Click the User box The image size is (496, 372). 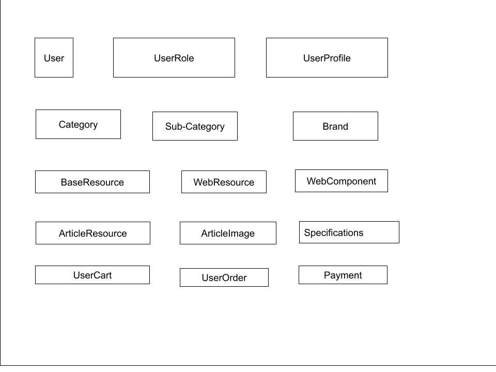point(54,58)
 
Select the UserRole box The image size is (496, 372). point(174,58)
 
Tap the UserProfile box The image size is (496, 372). point(327,58)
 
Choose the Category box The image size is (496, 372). point(78,125)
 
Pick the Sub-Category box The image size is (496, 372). point(195,126)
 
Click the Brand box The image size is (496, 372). point(335,126)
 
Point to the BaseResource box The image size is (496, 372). point(92,182)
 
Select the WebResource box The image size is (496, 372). point(224,182)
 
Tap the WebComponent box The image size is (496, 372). point(341,181)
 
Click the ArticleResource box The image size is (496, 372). point(92,233)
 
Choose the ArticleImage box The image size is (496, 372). point(228,233)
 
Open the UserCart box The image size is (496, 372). point(92,275)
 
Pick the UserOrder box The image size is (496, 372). point(224,277)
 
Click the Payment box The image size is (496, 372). point(343,275)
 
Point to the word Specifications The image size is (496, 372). point(333,233)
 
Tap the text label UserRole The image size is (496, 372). point(174,58)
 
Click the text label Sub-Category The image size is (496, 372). point(195,127)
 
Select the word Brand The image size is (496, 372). point(335,127)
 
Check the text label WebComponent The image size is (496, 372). point(341,181)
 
